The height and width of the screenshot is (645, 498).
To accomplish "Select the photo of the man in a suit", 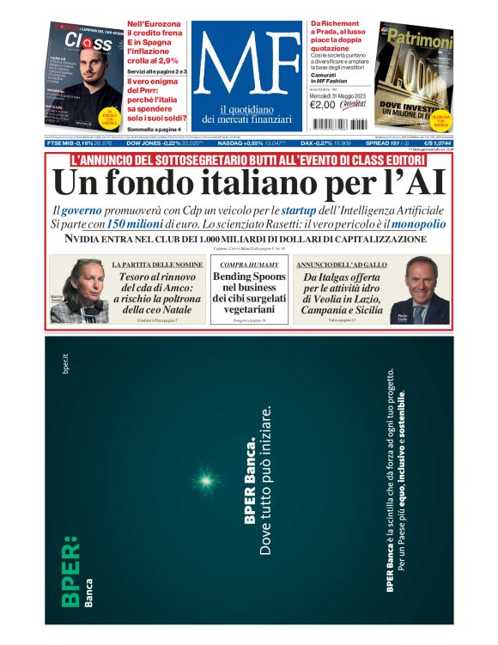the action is (x=427, y=290).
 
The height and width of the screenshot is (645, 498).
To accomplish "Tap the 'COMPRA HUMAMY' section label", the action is (x=248, y=265).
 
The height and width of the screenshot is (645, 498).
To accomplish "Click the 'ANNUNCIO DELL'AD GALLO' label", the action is (x=340, y=265).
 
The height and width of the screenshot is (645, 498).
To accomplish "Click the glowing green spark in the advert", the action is (x=206, y=478).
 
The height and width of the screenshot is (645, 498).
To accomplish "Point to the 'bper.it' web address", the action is (x=65, y=362).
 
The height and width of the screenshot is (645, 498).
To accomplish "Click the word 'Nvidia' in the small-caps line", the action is (x=78, y=240).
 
